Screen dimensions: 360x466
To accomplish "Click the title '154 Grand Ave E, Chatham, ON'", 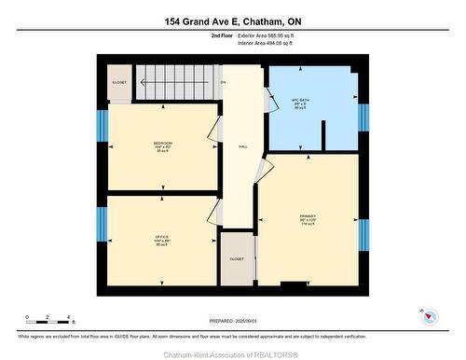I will click(x=233, y=21).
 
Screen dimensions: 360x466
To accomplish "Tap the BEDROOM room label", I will click(x=163, y=146).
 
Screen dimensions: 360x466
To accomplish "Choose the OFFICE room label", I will click(x=161, y=240).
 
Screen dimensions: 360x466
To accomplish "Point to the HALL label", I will click(x=242, y=146).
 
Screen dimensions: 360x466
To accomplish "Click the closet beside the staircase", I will click(x=119, y=81).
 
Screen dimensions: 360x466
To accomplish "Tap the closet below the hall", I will click(x=237, y=258).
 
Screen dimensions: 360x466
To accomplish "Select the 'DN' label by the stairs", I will click(x=222, y=82).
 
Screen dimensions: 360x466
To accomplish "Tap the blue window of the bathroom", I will click(x=364, y=116).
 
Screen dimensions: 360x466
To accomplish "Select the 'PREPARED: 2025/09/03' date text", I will click(x=233, y=322).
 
